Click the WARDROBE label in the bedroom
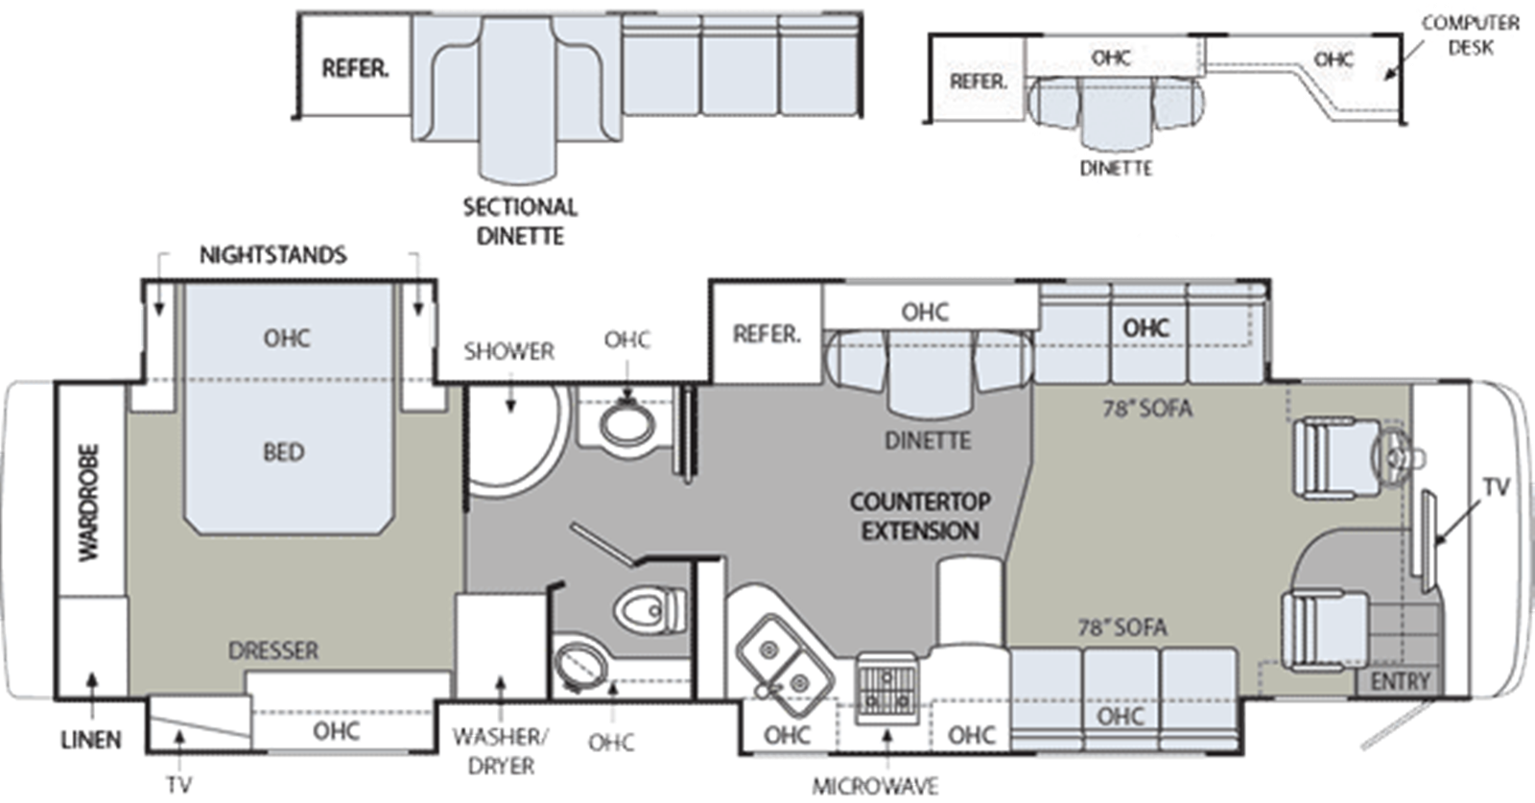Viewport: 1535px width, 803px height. point(89,504)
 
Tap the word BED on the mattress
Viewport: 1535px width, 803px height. point(284,452)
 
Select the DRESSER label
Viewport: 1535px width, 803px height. point(273,650)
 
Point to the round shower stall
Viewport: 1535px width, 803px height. point(514,438)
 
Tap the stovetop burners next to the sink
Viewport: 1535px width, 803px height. point(886,689)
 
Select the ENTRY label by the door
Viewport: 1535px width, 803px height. point(1400,682)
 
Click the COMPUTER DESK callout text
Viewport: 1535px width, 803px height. point(1471,35)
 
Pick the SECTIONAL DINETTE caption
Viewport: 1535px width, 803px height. point(520,222)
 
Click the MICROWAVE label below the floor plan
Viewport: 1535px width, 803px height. point(875,786)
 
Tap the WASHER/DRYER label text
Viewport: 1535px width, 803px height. point(500,751)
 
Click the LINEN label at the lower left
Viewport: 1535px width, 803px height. point(91,740)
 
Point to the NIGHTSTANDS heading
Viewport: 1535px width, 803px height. point(272,255)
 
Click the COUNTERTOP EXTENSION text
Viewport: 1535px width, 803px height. point(920,516)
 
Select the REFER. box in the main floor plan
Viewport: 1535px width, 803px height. point(767,334)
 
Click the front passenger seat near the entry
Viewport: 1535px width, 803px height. point(1326,630)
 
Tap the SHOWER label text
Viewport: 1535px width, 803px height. point(509,351)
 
